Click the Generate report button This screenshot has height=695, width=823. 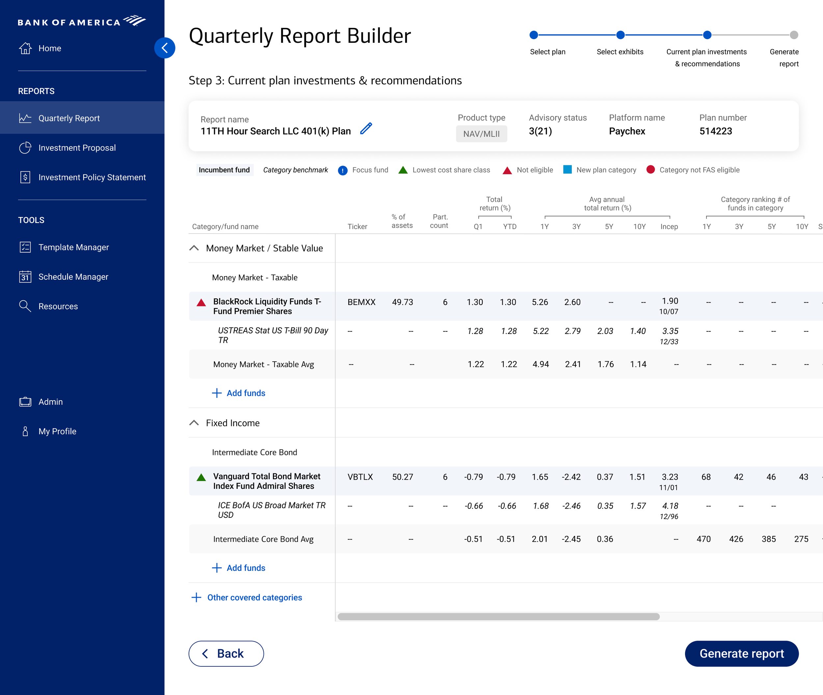pyautogui.click(x=741, y=653)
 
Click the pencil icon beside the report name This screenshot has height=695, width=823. pyautogui.click(x=366, y=128)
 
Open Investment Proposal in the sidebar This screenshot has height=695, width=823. pyautogui.click(x=77, y=148)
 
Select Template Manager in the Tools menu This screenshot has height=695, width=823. pyautogui.click(x=73, y=247)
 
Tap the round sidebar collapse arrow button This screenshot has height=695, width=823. pyautogui.click(x=165, y=48)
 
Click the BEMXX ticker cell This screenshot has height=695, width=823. pyautogui.click(x=361, y=302)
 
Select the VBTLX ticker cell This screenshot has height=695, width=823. pyautogui.click(x=360, y=477)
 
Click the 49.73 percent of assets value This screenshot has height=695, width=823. pyautogui.click(x=402, y=302)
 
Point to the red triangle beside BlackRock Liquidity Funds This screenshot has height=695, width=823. pyautogui.click(x=201, y=303)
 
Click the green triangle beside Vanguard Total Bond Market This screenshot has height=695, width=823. pyautogui.click(x=201, y=478)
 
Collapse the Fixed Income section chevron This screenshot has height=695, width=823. pyautogui.click(x=194, y=423)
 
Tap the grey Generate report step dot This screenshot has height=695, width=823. pyautogui.click(x=794, y=35)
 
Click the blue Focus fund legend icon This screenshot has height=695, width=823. pyautogui.click(x=343, y=170)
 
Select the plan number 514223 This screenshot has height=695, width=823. pyautogui.click(x=715, y=131)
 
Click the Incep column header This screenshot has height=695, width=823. pyautogui.click(x=669, y=227)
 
